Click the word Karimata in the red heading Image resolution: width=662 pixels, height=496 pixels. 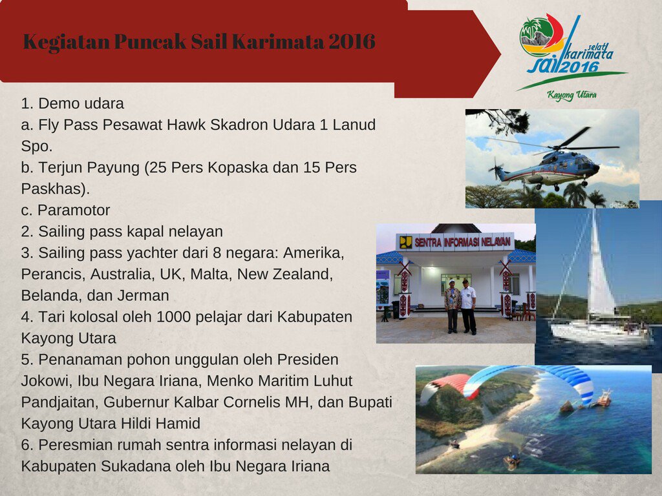pos(278,41)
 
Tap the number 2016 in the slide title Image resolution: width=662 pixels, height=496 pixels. pos(352,41)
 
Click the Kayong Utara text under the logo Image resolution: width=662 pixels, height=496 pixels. pos(571,95)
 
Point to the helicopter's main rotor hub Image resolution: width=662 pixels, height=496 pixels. pos(557,148)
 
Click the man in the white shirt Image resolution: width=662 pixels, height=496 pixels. pos(468,305)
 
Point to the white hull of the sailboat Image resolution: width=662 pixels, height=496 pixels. pos(599,333)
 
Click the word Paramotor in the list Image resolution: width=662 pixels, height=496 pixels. pos(74,210)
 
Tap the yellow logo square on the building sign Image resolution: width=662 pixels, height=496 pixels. pos(406,243)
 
